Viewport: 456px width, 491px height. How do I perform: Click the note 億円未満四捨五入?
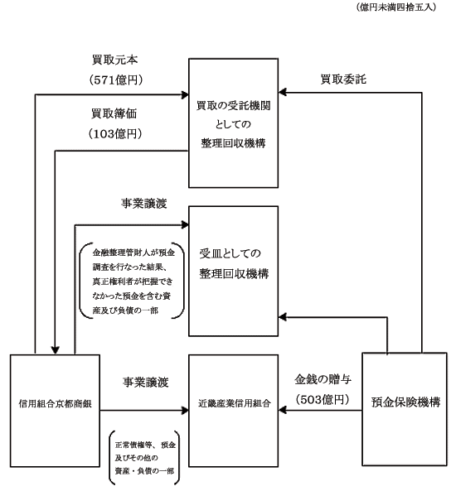pos(396,7)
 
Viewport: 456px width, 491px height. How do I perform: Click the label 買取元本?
pos(114,60)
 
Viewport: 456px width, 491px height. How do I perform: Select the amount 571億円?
pos(116,79)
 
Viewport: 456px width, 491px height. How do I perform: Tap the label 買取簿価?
pos(114,113)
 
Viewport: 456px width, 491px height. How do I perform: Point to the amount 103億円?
pos(115,133)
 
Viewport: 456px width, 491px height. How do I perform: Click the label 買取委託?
pos(343,79)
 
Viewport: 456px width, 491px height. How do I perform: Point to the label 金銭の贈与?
pos(323,379)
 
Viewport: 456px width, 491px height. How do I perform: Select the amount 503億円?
pos(323,399)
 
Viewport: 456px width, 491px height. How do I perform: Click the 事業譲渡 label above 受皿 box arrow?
pos(144,204)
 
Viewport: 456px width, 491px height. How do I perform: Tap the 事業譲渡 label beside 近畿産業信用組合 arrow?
pos(146,383)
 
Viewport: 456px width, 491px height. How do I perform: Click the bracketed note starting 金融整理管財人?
pos(132,281)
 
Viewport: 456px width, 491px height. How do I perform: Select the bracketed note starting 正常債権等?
pos(144,458)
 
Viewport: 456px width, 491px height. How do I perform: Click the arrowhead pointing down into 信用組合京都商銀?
pos(56,351)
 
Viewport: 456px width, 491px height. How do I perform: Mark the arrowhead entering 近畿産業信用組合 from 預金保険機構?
pos(283,410)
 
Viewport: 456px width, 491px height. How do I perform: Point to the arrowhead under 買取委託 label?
pos(283,93)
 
